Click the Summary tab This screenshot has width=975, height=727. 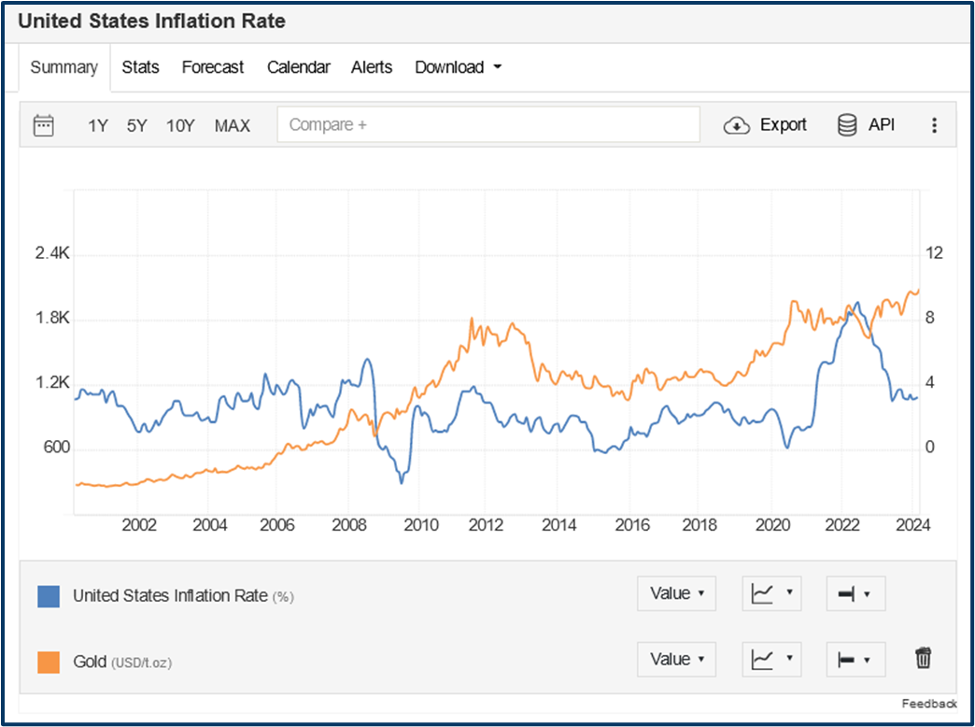(64, 67)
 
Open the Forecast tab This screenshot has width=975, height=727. (212, 67)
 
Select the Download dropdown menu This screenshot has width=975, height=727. (458, 67)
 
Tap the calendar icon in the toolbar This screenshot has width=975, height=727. (44, 125)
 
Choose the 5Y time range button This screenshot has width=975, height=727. (137, 125)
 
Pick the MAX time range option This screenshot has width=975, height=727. (233, 125)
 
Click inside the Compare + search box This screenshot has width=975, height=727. (487, 124)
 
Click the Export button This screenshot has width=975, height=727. (765, 125)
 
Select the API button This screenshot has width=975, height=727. (866, 125)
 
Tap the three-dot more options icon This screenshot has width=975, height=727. (934, 125)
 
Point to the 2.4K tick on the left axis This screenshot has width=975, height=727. (52, 254)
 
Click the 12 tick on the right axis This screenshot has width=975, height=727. (934, 254)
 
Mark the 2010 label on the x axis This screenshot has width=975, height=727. (421, 525)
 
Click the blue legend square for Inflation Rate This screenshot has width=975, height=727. (49, 596)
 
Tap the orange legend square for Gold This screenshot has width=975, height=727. (49, 662)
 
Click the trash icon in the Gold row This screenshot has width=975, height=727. (923, 659)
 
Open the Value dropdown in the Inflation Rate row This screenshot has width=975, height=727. (676, 593)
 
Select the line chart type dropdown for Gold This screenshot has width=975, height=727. (770, 659)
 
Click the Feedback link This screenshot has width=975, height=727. (929, 704)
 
